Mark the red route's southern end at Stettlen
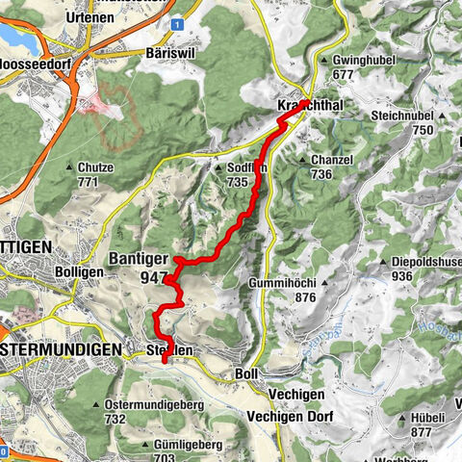pos(165,360)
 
